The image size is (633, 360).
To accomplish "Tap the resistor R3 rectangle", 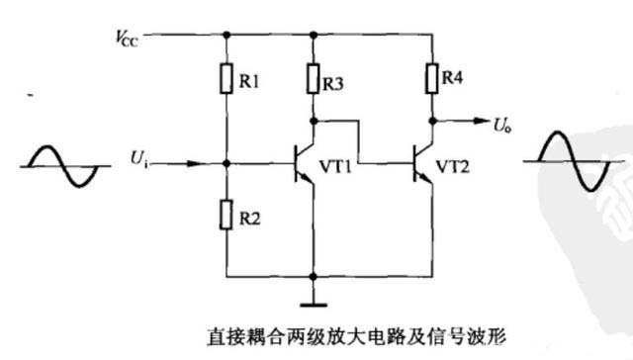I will coord(314,77).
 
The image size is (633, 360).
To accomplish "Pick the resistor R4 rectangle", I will coord(432,75).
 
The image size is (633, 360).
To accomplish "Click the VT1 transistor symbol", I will coord(305,161).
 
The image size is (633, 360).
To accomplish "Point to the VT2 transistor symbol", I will coord(422,161).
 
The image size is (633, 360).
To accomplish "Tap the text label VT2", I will coord(456,163).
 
